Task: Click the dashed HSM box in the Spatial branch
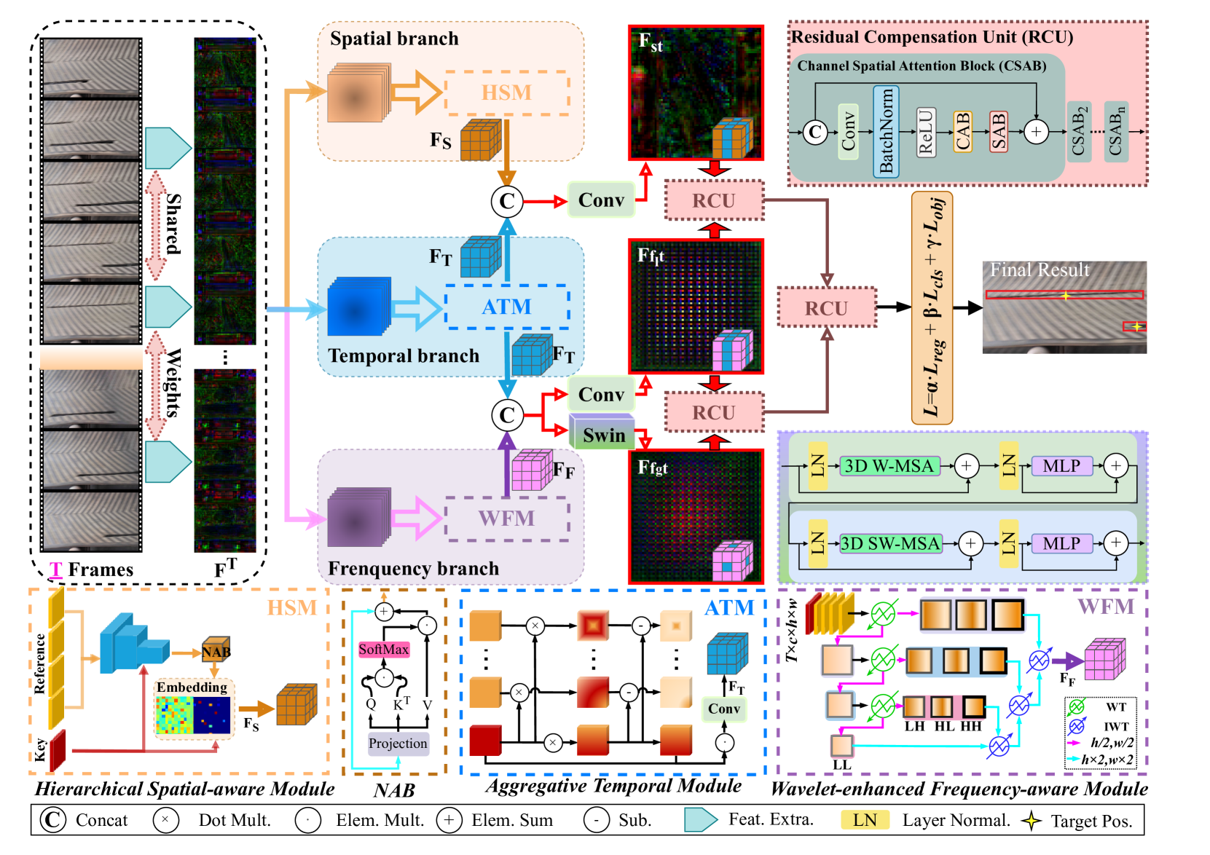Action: click(506, 92)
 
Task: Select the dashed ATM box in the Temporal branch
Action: click(506, 307)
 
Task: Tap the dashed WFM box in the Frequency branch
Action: click(506, 519)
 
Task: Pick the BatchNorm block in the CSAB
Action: click(886, 132)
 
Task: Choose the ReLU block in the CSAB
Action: click(925, 132)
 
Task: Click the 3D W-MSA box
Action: click(888, 466)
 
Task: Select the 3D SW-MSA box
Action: click(890, 543)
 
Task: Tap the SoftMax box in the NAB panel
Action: click(383, 649)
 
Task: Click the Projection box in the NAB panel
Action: click(398, 744)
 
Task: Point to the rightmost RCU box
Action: click(826, 307)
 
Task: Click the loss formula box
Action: click(932, 307)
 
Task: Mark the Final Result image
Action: click(1064, 307)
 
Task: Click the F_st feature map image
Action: click(696, 92)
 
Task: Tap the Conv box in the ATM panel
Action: click(723, 709)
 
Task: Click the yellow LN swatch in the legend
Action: click(865, 820)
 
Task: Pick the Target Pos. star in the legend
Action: click(1031, 821)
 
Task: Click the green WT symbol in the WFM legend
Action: click(1076, 706)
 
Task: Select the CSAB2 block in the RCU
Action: click(1079, 132)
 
